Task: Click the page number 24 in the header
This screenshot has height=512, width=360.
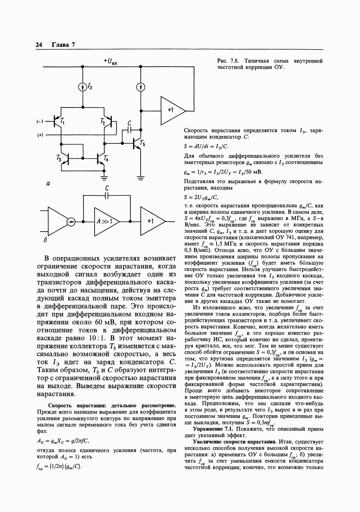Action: (x=39, y=45)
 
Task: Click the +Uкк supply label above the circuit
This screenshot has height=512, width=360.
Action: (x=113, y=61)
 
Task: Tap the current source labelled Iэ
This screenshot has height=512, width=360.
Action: (x=83, y=87)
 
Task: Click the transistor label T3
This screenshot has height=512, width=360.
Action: (x=59, y=158)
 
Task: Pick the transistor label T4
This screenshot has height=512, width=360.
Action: (x=106, y=158)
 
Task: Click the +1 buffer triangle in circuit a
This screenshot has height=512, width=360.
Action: (x=172, y=110)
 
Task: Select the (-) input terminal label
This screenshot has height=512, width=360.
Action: (x=40, y=121)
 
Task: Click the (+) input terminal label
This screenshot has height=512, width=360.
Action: (x=40, y=135)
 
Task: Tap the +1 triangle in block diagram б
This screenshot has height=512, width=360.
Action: (x=151, y=221)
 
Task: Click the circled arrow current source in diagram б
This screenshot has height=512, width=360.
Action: (x=71, y=222)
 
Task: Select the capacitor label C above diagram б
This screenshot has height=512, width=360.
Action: (x=107, y=189)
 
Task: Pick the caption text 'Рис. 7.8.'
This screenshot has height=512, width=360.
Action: (x=228, y=61)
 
